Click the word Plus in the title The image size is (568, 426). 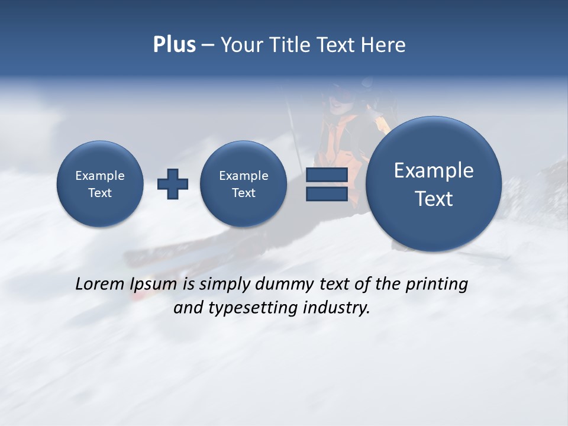pyautogui.click(x=174, y=45)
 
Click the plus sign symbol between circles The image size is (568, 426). pyautogui.click(x=173, y=183)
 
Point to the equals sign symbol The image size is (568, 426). pyautogui.click(x=327, y=184)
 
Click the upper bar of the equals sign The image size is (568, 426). pyautogui.click(x=327, y=175)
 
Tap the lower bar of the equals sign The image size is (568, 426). pyautogui.click(x=327, y=193)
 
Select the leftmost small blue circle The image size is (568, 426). pyautogui.click(x=100, y=183)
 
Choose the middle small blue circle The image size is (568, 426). pyautogui.click(x=243, y=183)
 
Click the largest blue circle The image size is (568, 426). pyautogui.click(x=434, y=184)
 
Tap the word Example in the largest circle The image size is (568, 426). pyautogui.click(x=434, y=170)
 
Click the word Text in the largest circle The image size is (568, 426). pyautogui.click(x=434, y=199)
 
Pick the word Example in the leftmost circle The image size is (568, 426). pyautogui.click(x=100, y=176)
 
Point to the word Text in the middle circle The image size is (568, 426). pyautogui.click(x=243, y=193)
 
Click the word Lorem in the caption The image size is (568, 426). pyautogui.click(x=100, y=284)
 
